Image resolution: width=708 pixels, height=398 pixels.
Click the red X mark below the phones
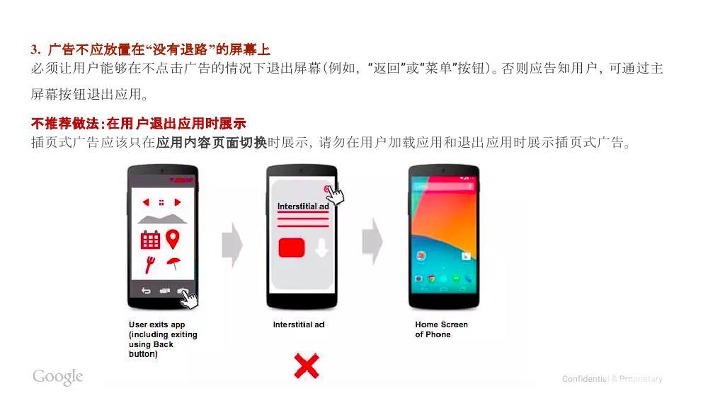[307, 365]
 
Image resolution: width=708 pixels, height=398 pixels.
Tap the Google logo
[58, 377]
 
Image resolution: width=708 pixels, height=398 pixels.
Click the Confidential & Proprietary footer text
[612, 379]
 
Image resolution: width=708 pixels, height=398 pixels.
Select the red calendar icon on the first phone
[150, 240]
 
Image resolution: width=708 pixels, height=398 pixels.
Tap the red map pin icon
[173, 239]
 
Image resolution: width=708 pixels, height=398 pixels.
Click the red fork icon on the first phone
[150, 265]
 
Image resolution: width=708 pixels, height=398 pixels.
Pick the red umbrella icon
[173, 264]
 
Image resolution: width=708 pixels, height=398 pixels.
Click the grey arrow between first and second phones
[232, 245]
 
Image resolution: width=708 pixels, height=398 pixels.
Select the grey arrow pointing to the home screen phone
[372, 241]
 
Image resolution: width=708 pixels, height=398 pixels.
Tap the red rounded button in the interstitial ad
[292, 247]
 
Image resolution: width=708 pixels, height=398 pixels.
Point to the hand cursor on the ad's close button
[335, 195]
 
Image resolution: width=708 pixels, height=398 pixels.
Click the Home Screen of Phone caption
[441, 329]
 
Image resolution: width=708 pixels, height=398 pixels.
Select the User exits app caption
[163, 339]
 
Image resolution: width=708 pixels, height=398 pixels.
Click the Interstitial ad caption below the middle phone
[299, 324]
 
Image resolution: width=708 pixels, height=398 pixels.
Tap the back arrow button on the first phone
[146, 291]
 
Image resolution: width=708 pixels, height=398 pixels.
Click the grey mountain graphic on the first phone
[162, 219]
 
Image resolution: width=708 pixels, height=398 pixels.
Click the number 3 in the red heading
[34, 49]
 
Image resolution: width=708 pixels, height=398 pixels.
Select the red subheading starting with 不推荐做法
[139, 123]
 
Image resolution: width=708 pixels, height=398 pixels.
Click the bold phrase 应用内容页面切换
[212, 142]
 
